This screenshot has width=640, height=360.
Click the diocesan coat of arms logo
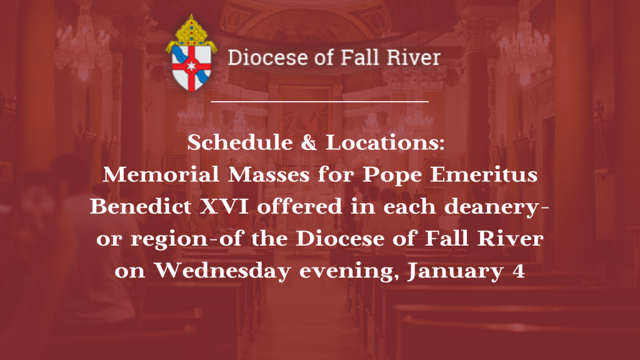191,53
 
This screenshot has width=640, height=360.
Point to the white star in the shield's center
191,65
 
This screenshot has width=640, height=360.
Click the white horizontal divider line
319,101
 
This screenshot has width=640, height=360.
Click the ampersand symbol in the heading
309,143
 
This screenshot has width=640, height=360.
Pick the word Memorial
161,175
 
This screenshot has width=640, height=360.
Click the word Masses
269,175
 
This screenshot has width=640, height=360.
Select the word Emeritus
484,175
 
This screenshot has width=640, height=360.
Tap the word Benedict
141,206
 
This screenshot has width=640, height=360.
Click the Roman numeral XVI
224,206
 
